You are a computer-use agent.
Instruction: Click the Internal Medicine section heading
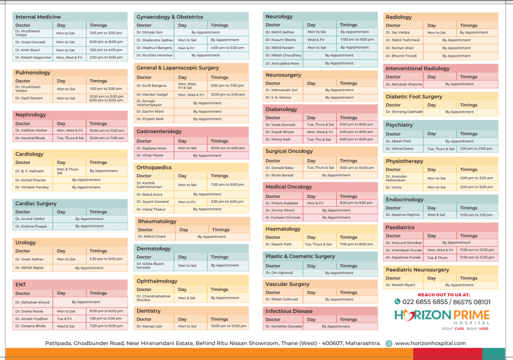[x=38, y=17]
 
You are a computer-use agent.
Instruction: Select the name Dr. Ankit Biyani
[x=27, y=50]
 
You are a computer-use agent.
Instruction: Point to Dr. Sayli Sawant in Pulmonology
[x=29, y=98]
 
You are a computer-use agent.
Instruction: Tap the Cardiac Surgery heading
[x=36, y=204]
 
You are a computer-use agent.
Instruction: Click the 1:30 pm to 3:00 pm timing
[x=106, y=318]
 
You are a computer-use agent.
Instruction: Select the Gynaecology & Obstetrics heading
[x=170, y=17]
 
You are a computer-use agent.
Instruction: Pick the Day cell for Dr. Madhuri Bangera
[x=186, y=48]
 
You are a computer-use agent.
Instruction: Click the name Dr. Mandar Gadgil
[x=152, y=95]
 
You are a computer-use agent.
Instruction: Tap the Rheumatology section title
[x=157, y=221]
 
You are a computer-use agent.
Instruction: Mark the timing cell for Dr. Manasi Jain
[x=228, y=326]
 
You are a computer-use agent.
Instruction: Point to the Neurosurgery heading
[x=284, y=75]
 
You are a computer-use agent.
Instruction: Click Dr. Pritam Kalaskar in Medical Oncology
[x=282, y=203]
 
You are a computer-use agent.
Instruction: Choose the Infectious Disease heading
[x=289, y=311]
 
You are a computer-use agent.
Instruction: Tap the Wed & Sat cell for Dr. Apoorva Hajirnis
[x=436, y=215]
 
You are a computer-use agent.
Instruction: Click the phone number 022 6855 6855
[x=421, y=302]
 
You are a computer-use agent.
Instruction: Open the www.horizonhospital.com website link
[x=430, y=343]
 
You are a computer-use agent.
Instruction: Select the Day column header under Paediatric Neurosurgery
[x=432, y=278]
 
